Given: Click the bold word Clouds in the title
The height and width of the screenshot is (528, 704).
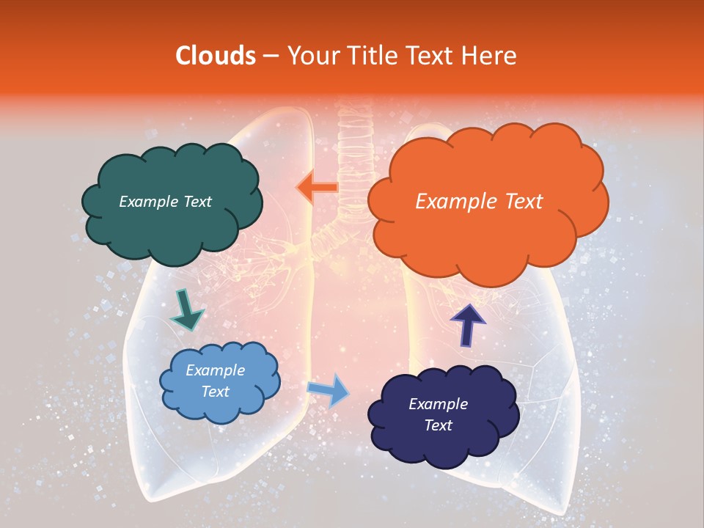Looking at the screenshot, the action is tap(216, 56).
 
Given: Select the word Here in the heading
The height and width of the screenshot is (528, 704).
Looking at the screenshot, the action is tap(490, 56).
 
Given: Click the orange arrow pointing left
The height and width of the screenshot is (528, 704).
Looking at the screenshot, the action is tap(318, 188).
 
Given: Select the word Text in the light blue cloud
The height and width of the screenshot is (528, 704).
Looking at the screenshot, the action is tap(215, 392).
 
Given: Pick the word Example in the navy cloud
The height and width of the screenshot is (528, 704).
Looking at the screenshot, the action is tap(438, 404).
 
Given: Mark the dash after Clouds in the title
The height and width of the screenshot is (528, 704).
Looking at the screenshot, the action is tap(271, 56).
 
